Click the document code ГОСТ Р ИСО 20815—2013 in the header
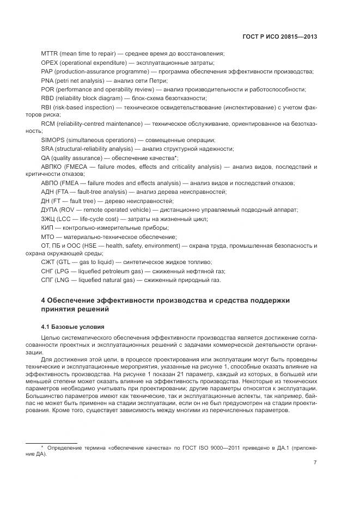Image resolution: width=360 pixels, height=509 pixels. click(x=280, y=37)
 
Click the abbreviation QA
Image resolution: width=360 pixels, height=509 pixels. click(x=46, y=157)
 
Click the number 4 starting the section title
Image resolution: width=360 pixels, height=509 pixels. click(x=44, y=300)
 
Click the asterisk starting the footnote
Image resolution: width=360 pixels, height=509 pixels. click(x=42, y=447)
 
